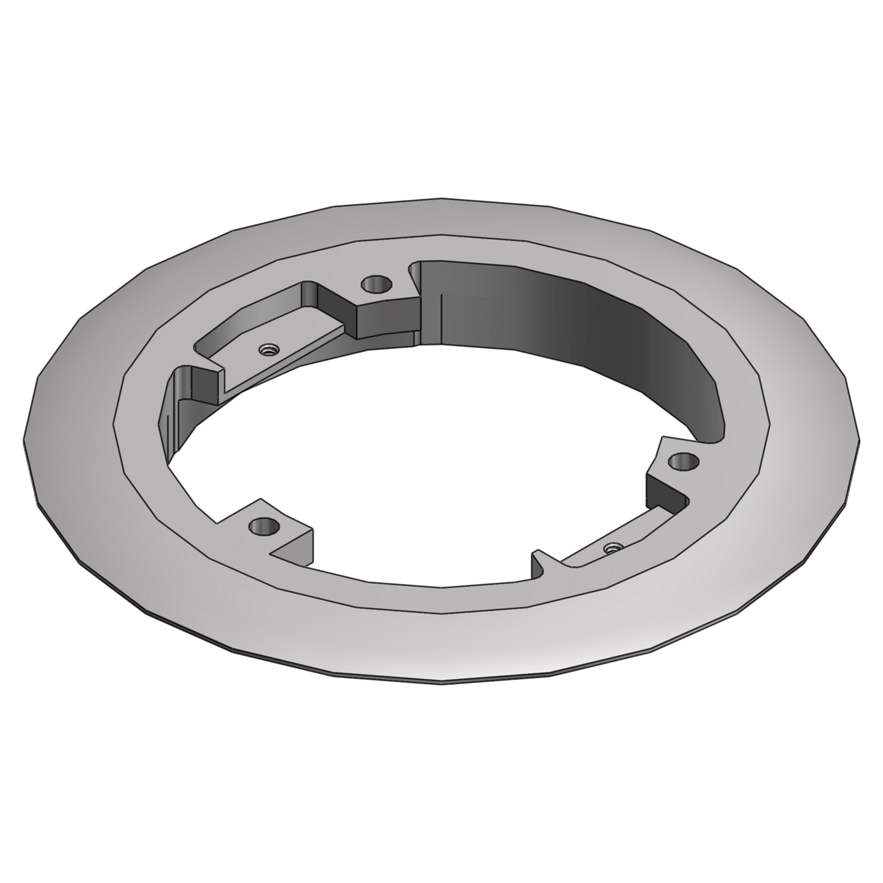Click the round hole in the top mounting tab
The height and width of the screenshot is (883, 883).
click(x=376, y=284)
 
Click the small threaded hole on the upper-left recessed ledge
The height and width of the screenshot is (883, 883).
click(x=270, y=350)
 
